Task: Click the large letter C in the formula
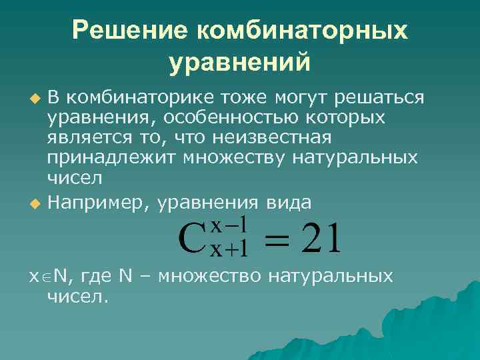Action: click(x=193, y=238)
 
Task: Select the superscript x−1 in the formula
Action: click(x=229, y=225)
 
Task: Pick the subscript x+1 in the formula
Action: click(x=229, y=249)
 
